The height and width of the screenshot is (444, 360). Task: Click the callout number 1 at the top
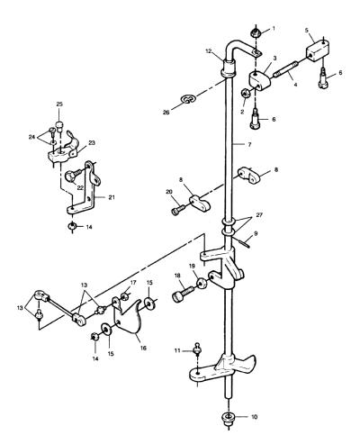pyautogui.click(x=274, y=29)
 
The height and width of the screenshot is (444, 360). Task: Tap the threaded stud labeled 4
pyautogui.click(x=286, y=72)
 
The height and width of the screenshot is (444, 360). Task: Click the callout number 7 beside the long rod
pyautogui.click(x=249, y=144)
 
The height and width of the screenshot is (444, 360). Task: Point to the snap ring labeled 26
pyautogui.click(x=188, y=99)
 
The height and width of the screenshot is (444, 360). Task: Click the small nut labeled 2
pyautogui.click(x=245, y=94)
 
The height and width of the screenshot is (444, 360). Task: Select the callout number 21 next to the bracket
pyautogui.click(x=112, y=197)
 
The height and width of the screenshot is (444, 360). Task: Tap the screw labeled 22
pyautogui.click(x=73, y=174)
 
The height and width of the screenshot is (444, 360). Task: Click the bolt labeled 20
pyautogui.click(x=178, y=209)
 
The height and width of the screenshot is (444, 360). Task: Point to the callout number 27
pyautogui.click(x=259, y=215)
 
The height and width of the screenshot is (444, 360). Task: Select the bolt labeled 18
pyautogui.click(x=184, y=294)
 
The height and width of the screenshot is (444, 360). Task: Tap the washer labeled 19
pyautogui.click(x=202, y=284)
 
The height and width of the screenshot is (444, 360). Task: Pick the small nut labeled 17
pyautogui.click(x=124, y=297)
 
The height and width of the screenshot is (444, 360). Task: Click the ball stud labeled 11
pyautogui.click(x=197, y=349)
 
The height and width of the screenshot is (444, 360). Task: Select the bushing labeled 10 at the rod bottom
pyautogui.click(x=229, y=418)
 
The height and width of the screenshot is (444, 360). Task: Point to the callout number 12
pyautogui.click(x=209, y=51)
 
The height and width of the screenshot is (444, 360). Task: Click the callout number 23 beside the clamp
pyautogui.click(x=92, y=143)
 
